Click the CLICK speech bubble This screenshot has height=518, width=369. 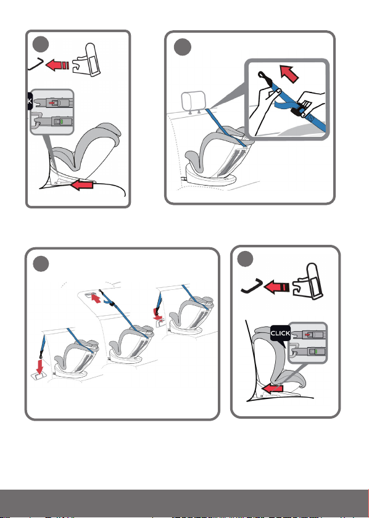(x=280, y=334)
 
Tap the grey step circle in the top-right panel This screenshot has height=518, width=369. (x=183, y=47)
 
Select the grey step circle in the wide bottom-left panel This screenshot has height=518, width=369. (x=41, y=264)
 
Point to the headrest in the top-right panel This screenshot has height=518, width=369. (x=193, y=100)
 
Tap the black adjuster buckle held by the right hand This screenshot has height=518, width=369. (x=298, y=110)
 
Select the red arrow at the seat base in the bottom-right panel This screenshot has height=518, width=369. (x=273, y=388)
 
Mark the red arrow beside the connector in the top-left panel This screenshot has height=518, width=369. (x=57, y=65)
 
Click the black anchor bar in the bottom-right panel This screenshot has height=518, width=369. (x=252, y=286)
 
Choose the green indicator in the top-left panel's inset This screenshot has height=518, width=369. (x=62, y=122)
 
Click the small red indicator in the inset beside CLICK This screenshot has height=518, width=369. (x=308, y=335)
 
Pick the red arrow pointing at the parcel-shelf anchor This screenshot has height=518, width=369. (x=96, y=298)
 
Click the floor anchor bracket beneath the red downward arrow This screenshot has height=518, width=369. (x=39, y=376)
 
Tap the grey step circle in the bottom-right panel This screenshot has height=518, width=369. (x=246, y=258)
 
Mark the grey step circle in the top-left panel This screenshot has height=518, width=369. (x=41, y=44)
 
